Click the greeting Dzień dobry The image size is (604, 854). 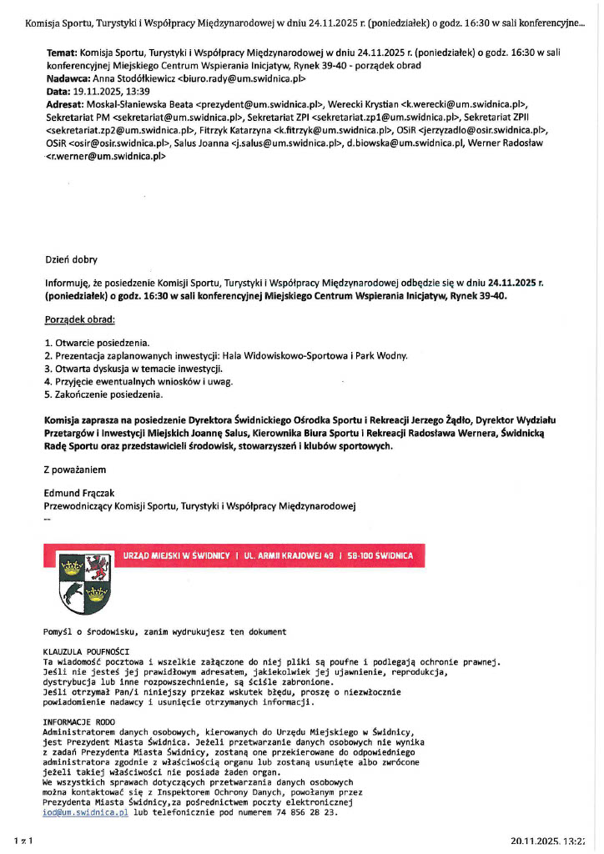71,259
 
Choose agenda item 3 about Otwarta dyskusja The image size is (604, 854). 134,368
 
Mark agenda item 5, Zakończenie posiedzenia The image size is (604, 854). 103,394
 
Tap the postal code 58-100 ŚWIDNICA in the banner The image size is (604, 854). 381,555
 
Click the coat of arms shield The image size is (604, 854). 80,585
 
